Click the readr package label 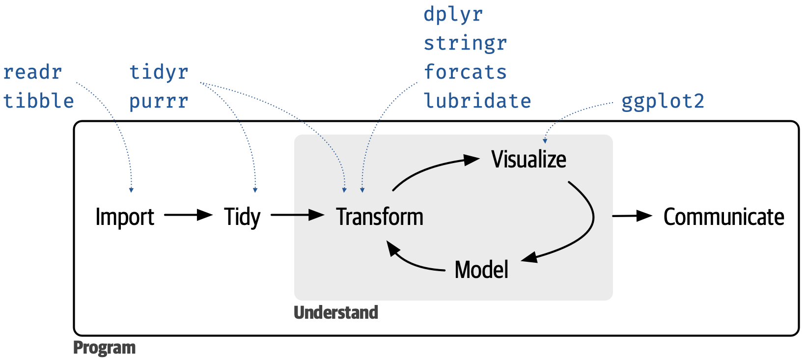[x=33, y=72]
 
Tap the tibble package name [x=38, y=101]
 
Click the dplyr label [x=453, y=15]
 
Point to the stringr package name [x=465, y=44]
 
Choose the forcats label [x=465, y=72]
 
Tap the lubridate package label [x=477, y=101]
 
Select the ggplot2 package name [x=663, y=102]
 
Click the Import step [x=125, y=217]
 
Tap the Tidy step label [x=242, y=217]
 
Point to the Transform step [x=380, y=217]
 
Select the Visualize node [x=528, y=159]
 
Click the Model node [x=481, y=269]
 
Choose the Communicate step [x=723, y=217]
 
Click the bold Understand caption [x=336, y=312]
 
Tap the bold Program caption [x=104, y=348]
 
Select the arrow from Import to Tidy [x=189, y=215]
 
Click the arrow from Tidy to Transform [x=298, y=215]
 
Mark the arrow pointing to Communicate [x=632, y=216]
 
